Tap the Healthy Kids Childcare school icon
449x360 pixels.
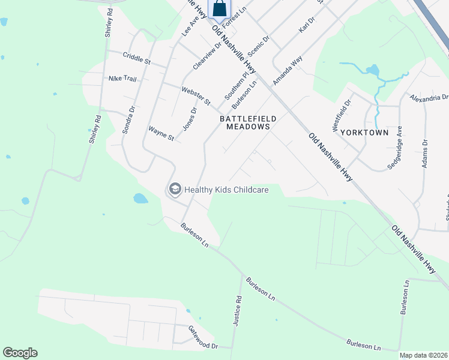pos(175,190)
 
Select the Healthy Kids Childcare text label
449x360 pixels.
pos(226,190)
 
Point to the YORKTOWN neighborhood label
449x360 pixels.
pos(364,132)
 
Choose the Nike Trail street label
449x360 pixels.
pos(122,79)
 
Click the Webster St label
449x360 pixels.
pos(196,96)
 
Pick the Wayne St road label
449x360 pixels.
pos(161,133)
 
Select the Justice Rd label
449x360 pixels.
pos(238,311)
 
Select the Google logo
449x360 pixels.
pos(20,353)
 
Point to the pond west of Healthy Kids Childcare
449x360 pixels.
pos(140,198)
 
